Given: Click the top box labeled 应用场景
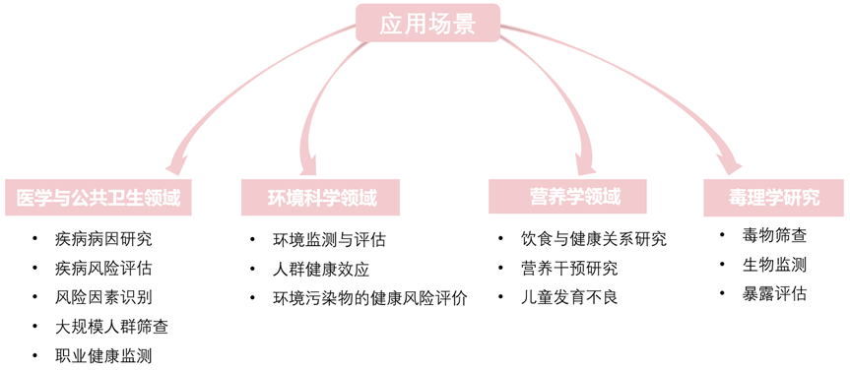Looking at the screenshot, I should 426,24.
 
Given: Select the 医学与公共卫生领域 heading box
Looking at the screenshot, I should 98,197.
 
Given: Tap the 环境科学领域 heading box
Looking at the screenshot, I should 321,197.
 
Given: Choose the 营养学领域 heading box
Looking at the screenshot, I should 567,196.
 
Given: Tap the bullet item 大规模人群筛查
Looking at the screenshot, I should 111,326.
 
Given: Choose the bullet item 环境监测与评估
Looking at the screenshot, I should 329,239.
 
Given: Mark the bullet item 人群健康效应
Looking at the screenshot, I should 321,269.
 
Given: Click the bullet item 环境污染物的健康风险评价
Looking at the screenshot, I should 369,297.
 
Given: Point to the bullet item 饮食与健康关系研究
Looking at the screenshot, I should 593,238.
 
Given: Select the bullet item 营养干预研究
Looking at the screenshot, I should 569,268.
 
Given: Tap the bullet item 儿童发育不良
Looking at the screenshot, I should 569,296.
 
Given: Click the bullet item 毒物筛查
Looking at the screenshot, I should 775,235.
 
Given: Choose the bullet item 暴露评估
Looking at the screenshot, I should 775,293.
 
